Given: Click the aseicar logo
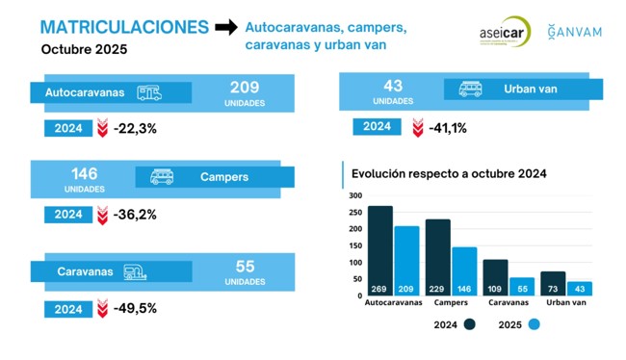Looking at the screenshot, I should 504,32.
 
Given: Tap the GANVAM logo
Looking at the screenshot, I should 574,32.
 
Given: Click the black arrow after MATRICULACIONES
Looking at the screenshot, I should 225,28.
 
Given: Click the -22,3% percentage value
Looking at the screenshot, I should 134,128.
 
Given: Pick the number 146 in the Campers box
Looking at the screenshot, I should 85,173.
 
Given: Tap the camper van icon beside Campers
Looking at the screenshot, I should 162,177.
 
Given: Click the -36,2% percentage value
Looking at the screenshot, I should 134,215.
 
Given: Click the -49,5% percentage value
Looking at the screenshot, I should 134,309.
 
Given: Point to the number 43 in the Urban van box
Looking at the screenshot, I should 393,87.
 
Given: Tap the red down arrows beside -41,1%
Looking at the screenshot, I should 417,128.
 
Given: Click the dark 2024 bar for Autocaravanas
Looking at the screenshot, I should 379,250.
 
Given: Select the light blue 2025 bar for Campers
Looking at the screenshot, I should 464,270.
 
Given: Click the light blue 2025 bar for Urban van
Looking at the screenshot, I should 579,288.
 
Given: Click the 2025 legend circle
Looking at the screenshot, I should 535,324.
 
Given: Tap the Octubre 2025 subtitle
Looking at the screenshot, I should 84,49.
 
